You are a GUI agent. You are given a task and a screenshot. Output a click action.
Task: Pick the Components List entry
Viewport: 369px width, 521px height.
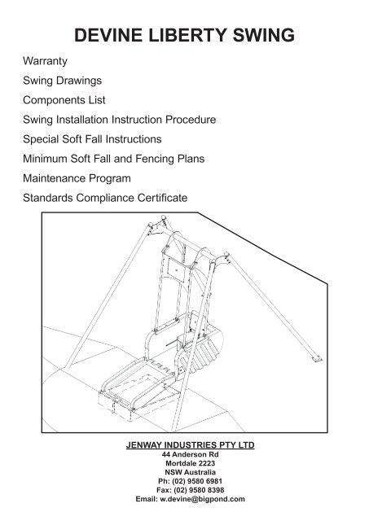(69, 100)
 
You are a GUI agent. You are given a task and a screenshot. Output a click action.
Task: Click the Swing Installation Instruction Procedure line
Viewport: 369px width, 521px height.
(119, 120)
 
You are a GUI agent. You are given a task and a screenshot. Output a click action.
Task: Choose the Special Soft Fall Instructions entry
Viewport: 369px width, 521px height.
(92, 139)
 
